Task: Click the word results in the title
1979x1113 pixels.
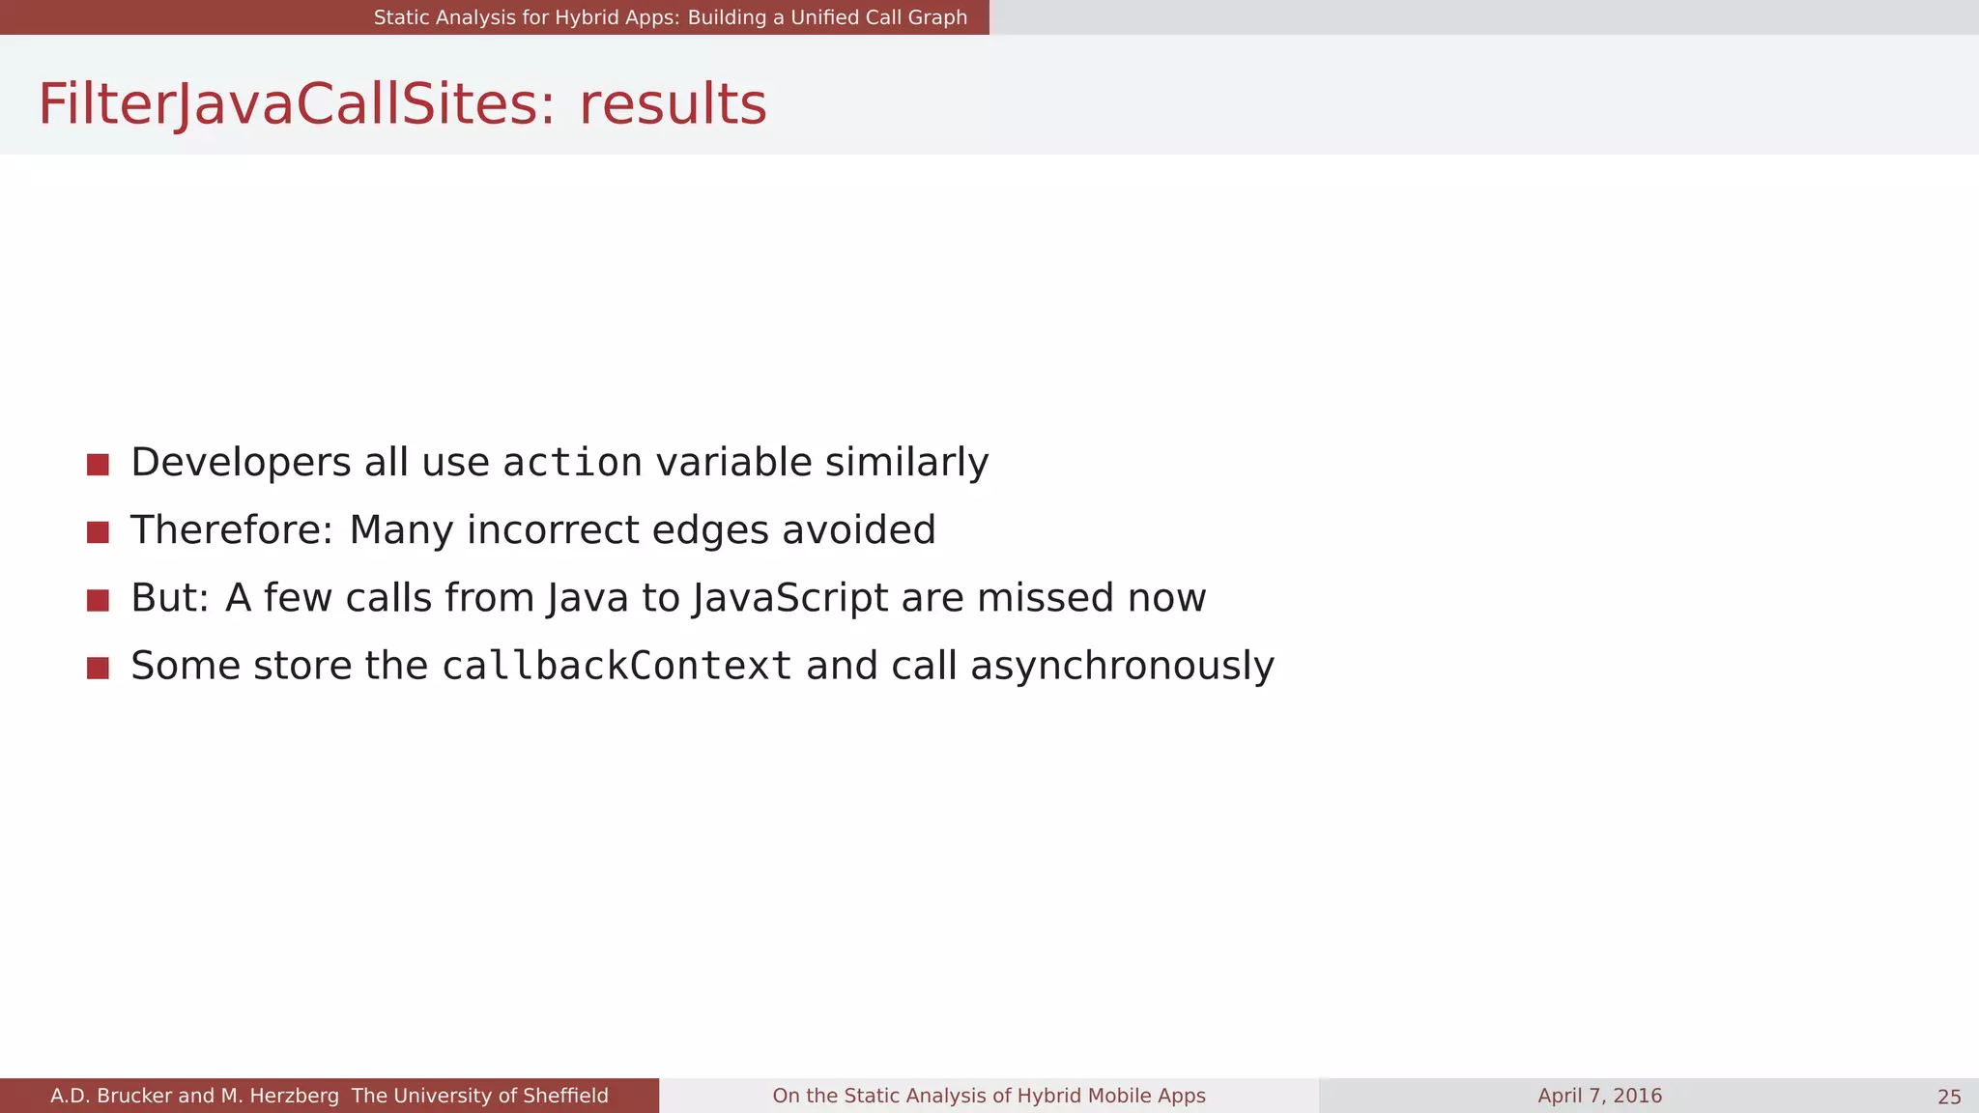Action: [673, 104]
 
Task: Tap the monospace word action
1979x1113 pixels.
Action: [573, 463]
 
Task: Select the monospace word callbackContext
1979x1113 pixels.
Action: [617, 667]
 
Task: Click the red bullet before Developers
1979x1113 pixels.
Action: [98, 465]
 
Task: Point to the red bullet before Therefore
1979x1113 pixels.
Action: [98, 532]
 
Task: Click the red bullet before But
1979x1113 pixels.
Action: [98, 600]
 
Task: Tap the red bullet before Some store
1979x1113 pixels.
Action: [98, 668]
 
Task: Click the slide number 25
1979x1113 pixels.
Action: [1949, 1097]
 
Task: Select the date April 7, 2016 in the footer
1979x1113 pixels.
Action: [1599, 1096]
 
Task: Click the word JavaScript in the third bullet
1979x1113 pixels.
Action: [790, 598]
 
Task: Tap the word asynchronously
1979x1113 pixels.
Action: [1122, 667]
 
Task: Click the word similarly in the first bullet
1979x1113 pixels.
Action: [906, 463]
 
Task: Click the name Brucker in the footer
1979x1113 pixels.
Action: [134, 1096]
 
